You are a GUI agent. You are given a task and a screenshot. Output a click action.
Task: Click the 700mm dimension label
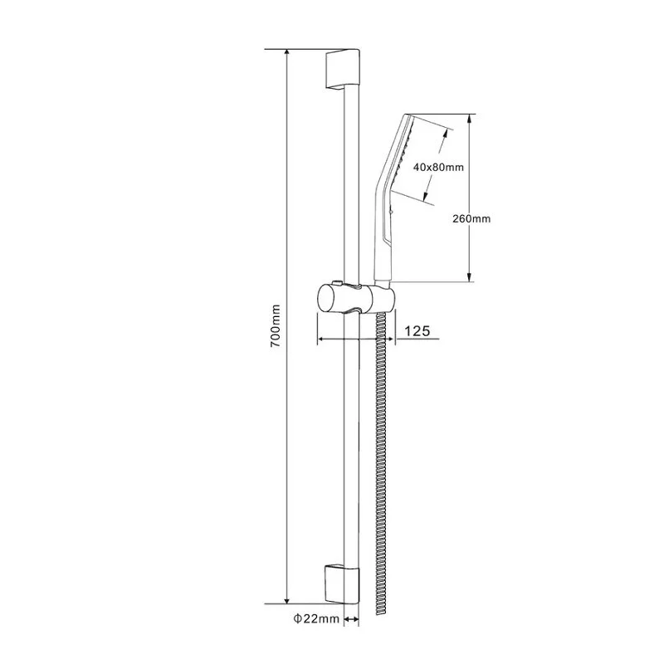point(276,325)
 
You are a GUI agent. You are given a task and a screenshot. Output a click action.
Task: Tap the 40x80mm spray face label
point(438,167)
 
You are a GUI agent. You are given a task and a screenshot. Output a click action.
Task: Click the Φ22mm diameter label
point(316,619)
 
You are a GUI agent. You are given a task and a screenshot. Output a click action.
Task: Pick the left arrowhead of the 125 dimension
point(321,339)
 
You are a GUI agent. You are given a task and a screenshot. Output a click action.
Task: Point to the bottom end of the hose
point(382,612)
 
